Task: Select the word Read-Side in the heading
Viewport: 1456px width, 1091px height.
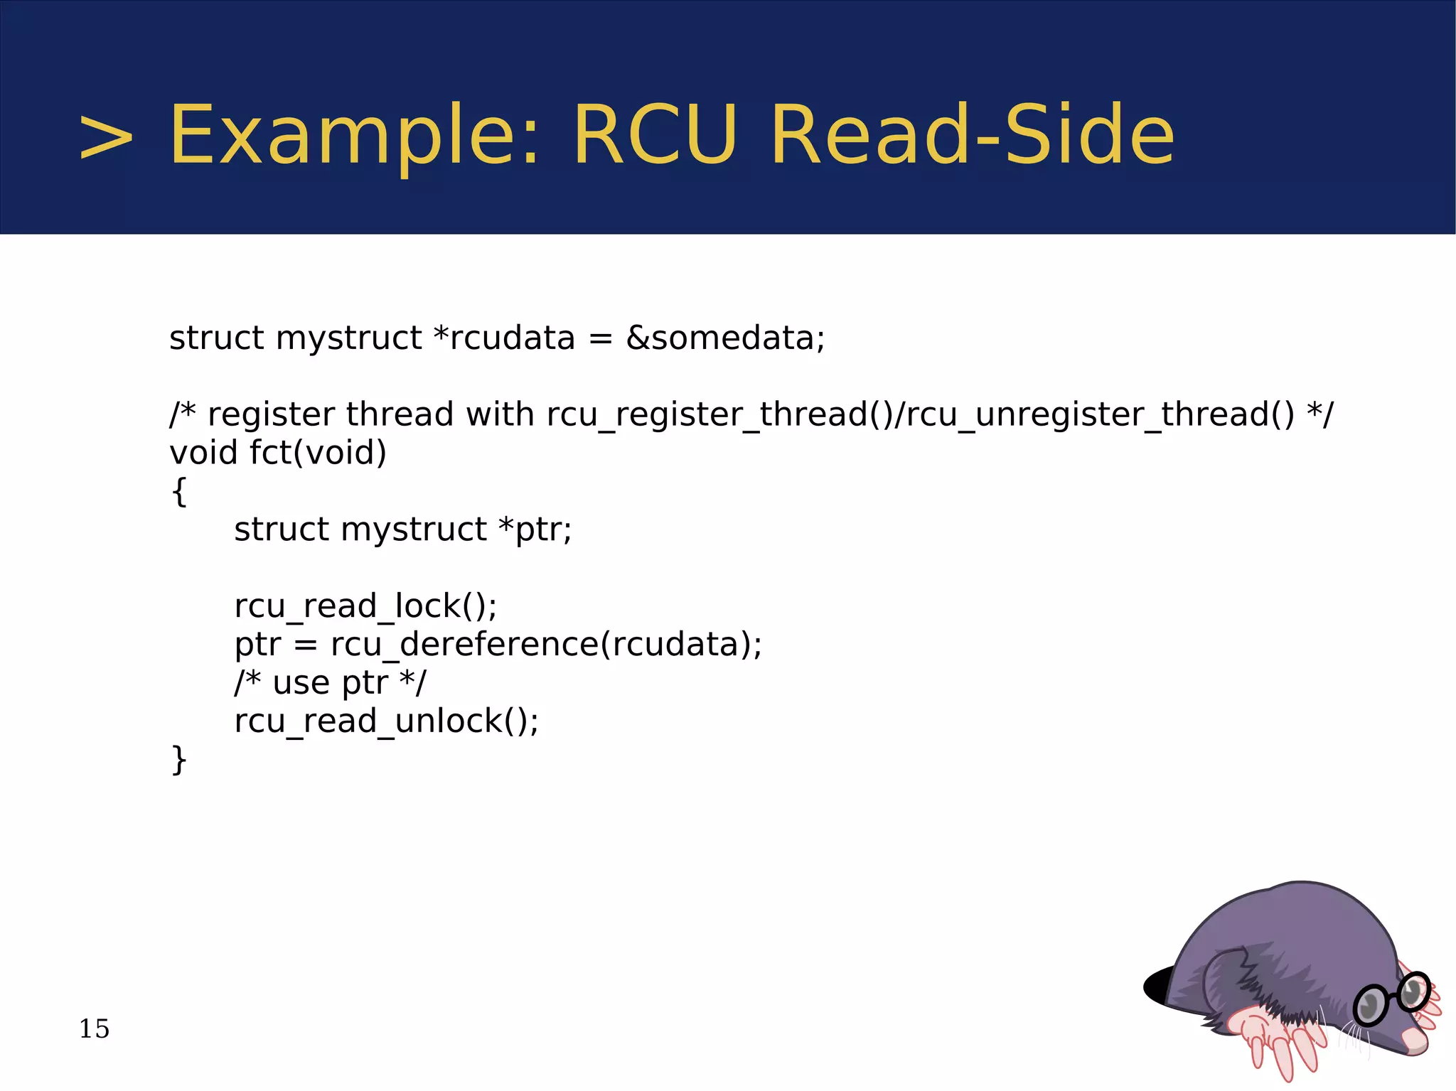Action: [972, 135]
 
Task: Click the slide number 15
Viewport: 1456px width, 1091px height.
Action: [94, 1028]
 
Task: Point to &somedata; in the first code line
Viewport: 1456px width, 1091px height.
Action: [725, 338]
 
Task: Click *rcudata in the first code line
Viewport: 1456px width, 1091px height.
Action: [504, 338]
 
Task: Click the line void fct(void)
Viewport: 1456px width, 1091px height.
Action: [277, 453]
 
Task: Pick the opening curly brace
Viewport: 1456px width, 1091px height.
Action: [179, 491]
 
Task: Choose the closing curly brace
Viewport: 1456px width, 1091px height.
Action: [179, 760]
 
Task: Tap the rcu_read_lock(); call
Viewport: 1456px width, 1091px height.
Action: [365, 606]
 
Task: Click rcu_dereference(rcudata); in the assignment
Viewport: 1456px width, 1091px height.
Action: [546, 645]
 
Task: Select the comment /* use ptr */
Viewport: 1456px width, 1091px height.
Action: [330, 683]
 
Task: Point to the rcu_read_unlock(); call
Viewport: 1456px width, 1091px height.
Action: [386, 721]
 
